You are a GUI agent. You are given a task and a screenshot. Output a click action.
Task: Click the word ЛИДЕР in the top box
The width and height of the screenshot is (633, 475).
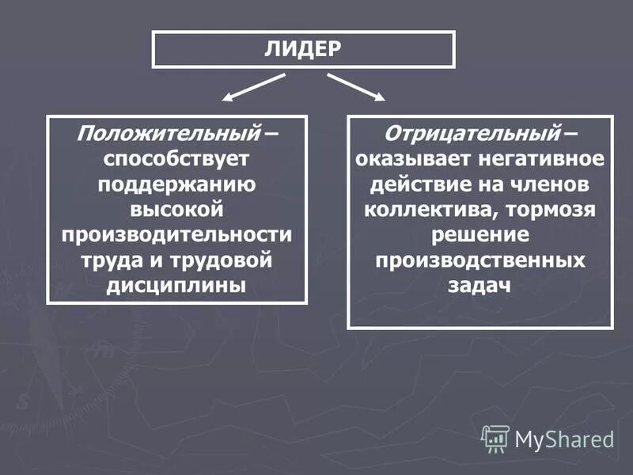pyautogui.click(x=303, y=49)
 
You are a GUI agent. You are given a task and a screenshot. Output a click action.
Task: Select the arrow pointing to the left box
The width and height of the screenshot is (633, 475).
pyautogui.click(x=252, y=88)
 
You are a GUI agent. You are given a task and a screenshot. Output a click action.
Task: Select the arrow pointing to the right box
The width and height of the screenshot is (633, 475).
pyautogui.click(x=357, y=88)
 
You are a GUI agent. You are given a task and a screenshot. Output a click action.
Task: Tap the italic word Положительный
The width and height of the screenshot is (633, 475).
pyautogui.click(x=168, y=131)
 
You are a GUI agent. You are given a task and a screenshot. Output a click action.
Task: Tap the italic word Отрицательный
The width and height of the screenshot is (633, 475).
pyautogui.click(x=472, y=131)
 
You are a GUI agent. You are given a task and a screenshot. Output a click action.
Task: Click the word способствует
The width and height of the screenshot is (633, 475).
pyautogui.click(x=176, y=158)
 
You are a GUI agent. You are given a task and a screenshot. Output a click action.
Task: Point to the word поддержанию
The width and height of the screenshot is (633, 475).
pyautogui.click(x=176, y=184)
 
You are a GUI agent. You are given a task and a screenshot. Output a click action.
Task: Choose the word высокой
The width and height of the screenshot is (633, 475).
pyautogui.click(x=176, y=210)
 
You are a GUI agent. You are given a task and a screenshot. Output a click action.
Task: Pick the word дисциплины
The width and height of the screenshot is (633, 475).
pyautogui.click(x=176, y=286)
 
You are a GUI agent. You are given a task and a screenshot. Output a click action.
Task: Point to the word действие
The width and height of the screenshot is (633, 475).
pyautogui.click(x=423, y=184)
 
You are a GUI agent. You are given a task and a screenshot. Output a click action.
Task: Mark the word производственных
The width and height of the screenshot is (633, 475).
pyautogui.click(x=480, y=260)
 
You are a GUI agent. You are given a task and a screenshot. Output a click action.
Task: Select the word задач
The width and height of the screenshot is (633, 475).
pyautogui.click(x=480, y=286)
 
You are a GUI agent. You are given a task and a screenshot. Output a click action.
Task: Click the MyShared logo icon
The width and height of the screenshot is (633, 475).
pyautogui.click(x=495, y=437)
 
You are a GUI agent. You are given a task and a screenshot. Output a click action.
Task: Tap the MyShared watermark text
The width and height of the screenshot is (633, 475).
pyautogui.click(x=564, y=439)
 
